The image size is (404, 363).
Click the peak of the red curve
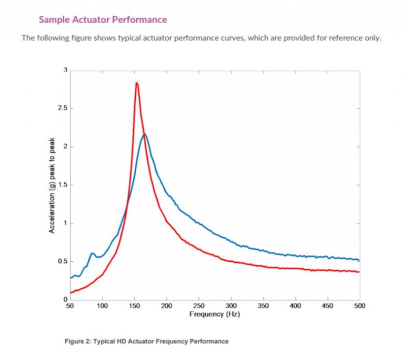point(136,83)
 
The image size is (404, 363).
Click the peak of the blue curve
point(145,135)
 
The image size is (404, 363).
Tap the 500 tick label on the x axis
point(360,306)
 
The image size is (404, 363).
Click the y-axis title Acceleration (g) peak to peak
point(52,185)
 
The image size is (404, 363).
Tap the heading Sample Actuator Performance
point(103,20)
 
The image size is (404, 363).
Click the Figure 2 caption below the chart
point(146,341)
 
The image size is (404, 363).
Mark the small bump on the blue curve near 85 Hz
point(93,254)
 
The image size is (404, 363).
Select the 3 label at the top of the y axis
point(65,70)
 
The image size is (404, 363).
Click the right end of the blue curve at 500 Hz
point(359,260)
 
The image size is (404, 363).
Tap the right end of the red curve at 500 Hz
point(359,272)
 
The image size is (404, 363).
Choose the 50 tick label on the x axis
point(70,306)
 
